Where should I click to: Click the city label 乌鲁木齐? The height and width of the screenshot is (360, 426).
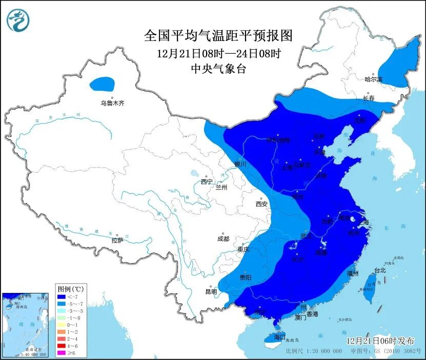112,103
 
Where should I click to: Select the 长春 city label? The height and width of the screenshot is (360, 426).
369,98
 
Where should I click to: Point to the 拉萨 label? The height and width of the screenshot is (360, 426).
117,240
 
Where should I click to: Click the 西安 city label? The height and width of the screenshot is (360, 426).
261,204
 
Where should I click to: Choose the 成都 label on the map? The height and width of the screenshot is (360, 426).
223,239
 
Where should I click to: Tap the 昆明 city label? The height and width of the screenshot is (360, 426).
211,292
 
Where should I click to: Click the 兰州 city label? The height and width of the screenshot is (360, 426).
221,187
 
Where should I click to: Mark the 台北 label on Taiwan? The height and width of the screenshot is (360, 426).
379,270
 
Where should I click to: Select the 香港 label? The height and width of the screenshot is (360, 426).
312,313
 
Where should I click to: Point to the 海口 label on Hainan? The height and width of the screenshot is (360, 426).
279,338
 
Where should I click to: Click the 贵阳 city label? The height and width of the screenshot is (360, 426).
245,277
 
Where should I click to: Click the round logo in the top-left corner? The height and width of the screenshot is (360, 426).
18,20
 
